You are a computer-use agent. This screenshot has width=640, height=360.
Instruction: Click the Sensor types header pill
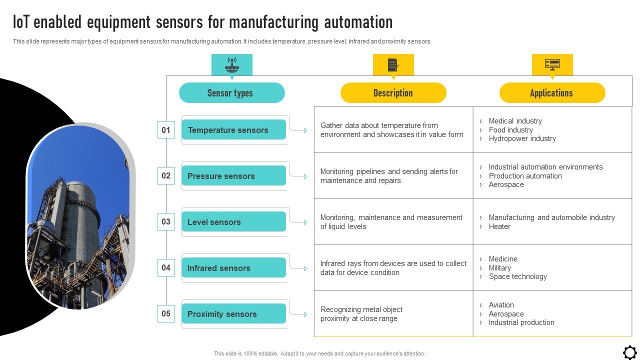pos(232,93)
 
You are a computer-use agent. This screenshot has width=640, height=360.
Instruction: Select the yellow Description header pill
pos(393,93)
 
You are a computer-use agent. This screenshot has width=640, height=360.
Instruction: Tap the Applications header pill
pos(552,93)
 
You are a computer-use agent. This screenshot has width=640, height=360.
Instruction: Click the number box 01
pos(166,130)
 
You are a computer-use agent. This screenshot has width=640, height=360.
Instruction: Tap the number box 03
pos(166,222)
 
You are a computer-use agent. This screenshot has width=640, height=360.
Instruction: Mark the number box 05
pos(166,314)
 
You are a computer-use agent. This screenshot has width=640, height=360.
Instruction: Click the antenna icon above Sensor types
pos(231,64)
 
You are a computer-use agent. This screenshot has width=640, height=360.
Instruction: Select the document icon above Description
pos(393,64)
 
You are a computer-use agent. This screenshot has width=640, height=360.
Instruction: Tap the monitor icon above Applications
pos(552,64)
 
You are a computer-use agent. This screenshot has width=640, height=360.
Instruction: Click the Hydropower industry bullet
pos(522,138)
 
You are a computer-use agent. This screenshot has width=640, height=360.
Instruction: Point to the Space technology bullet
pos(517,276)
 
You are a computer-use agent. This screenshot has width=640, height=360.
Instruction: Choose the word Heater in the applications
pos(499,226)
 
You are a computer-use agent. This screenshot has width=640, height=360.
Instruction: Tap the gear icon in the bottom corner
pos(629,352)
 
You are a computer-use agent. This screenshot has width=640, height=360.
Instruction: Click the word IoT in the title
pos(22,22)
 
